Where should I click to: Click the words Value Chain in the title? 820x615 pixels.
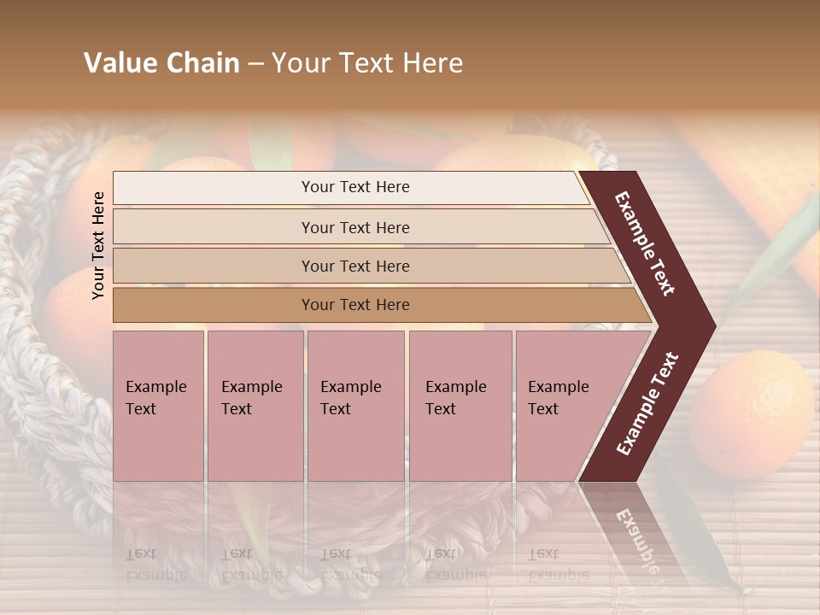click(161, 63)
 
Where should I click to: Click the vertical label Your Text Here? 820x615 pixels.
click(98, 245)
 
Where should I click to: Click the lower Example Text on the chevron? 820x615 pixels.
click(647, 403)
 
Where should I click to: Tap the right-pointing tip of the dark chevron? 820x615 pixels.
click(711, 325)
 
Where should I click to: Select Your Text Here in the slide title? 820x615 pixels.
click(367, 63)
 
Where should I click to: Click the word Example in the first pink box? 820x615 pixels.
click(155, 387)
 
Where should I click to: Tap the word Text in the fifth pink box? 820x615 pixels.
click(542, 409)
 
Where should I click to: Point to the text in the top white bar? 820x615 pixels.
click(355, 187)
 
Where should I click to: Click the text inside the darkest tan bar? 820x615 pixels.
click(355, 305)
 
